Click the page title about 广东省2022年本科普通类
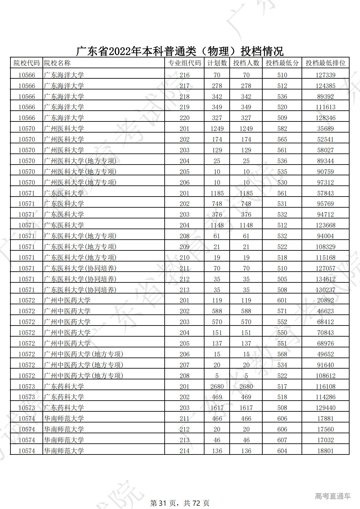pyautogui.click(x=180, y=51)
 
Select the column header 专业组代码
pyautogui.click(x=184, y=63)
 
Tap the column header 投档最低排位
pyautogui.click(x=325, y=63)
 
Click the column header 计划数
pyautogui.click(x=217, y=63)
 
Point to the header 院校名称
pyautogui.click(x=57, y=63)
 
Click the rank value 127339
pyautogui.click(x=325, y=75)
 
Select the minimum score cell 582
pyautogui.click(x=282, y=129)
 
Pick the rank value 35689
pyautogui.click(x=325, y=129)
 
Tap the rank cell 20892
pyautogui.click(x=325, y=300)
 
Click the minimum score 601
pyautogui.click(x=282, y=300)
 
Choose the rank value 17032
pyautogui.click(x=325, y=440)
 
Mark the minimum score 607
pyautogui.click(x=282, y=440)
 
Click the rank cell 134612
pyautogui.click(x=325, y=279)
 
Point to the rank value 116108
pyautogui.click(x=325, y=387)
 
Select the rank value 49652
pyautogui.click(x=325, y=354)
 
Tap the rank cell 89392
pyautogui.click(x=325, y=97)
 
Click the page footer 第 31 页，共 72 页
pyautogui.click(x=180, y=503)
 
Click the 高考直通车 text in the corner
pyautogui.click(x=333, y=496)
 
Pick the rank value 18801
pyautogui.click(x=325, y=451)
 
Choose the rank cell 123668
pyautogui.click(x=325, y=225)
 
